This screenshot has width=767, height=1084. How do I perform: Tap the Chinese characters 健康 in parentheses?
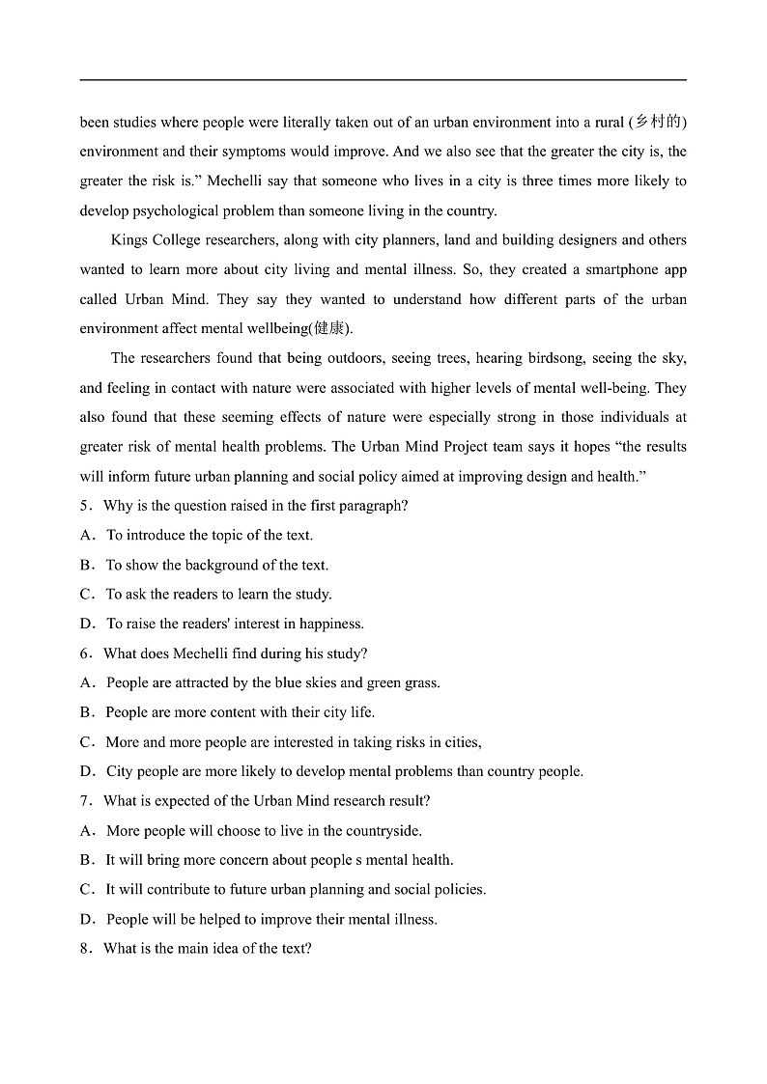(x=329, y=328)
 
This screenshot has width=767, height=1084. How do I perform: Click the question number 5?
(x=84, y=506)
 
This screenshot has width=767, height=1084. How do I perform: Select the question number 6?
(x=84, y=653)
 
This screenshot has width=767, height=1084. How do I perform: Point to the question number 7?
(x=84, y=801)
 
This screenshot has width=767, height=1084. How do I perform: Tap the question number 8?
(x=84, y=949)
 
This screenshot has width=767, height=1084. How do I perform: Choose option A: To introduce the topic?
(x=209, y=535)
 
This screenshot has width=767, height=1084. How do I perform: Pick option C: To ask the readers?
(x=217, y=595)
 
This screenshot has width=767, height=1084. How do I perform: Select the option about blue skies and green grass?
(x=272, y=682)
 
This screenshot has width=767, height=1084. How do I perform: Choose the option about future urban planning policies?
(x=295, y=890)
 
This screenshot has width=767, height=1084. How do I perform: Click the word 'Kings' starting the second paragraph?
(x=129, y=240)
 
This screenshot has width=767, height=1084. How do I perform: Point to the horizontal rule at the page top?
(x=383, y=80)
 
